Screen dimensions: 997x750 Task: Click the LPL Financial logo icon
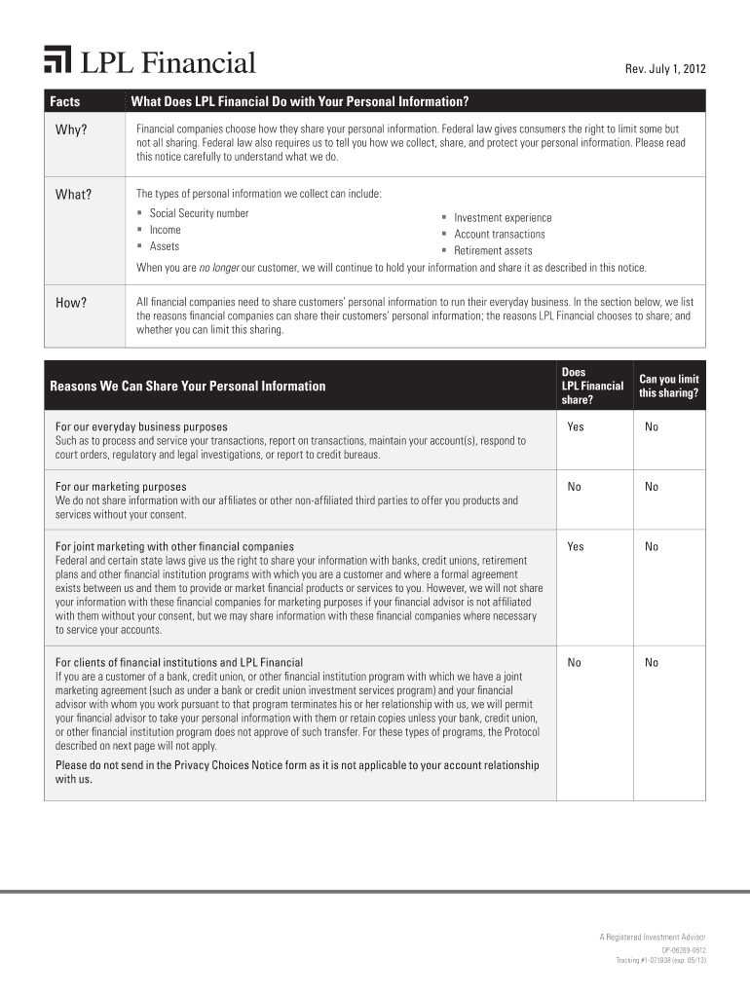57,60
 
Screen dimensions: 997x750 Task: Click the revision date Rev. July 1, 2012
664,69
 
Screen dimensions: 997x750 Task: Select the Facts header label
65,101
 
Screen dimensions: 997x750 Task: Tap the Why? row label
71,130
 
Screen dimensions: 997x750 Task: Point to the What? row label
73,194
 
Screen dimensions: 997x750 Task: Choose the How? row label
71,303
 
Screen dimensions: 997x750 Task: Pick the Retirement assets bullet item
493,250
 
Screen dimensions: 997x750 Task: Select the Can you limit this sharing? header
669,386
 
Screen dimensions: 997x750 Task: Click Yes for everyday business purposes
576,426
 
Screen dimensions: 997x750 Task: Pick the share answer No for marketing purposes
575,487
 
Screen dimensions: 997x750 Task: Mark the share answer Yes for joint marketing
576,546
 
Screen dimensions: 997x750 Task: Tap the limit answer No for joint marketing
652,546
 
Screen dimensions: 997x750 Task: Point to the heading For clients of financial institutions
179,662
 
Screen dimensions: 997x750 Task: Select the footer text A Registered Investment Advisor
653,937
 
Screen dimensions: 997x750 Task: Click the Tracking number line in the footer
660,960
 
